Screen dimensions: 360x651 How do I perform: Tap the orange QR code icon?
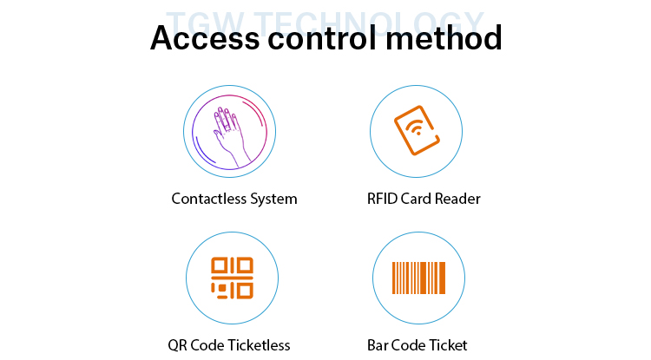tap(232, 278)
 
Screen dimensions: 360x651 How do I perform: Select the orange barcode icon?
tap(418, 278)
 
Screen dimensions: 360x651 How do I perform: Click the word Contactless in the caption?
tap(209, 199)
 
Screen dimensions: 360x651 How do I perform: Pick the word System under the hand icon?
tap(273, 199)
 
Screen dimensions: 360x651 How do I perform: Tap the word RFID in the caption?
tap(383, 199)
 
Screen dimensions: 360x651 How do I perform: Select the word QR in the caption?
tap(177, 345)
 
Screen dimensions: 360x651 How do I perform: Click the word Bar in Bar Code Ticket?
tap(378, 345)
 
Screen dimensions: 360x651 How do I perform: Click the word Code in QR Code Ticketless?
tap(208, 345)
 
